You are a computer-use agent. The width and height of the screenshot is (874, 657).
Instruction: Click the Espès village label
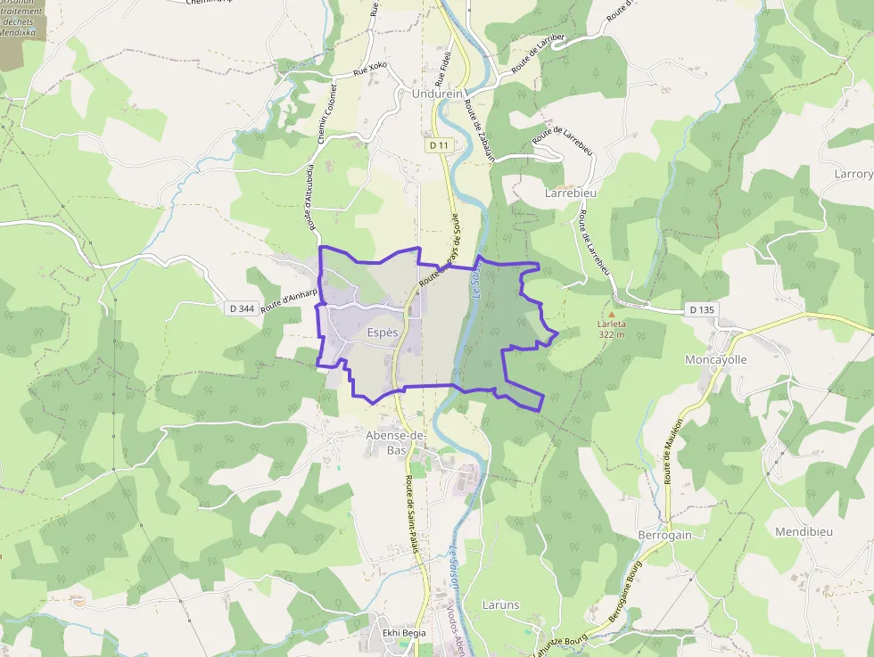point(383,332)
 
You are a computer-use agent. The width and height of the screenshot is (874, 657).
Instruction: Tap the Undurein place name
point(438,93)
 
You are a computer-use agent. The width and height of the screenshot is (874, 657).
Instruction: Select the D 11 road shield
point(439,144)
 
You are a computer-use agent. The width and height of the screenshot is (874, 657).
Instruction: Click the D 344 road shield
point(241,308)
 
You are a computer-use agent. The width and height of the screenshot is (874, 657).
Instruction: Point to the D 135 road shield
point(701,309)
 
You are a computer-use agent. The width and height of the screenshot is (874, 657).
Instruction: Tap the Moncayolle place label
point(715,359)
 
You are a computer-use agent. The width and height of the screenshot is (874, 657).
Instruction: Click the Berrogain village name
point(665,534)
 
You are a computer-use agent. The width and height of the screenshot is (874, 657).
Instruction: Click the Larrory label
point(853,174)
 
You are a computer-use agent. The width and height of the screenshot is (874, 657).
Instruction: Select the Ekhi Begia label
point(404,633)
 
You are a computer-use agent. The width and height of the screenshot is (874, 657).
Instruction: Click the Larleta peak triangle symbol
point(612,314)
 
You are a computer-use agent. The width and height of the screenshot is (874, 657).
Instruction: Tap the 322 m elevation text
point(612,334)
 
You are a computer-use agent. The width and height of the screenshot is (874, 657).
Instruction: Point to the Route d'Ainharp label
point(291,298)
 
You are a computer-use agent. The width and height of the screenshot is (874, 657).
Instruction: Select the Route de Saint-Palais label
point(412,514)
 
